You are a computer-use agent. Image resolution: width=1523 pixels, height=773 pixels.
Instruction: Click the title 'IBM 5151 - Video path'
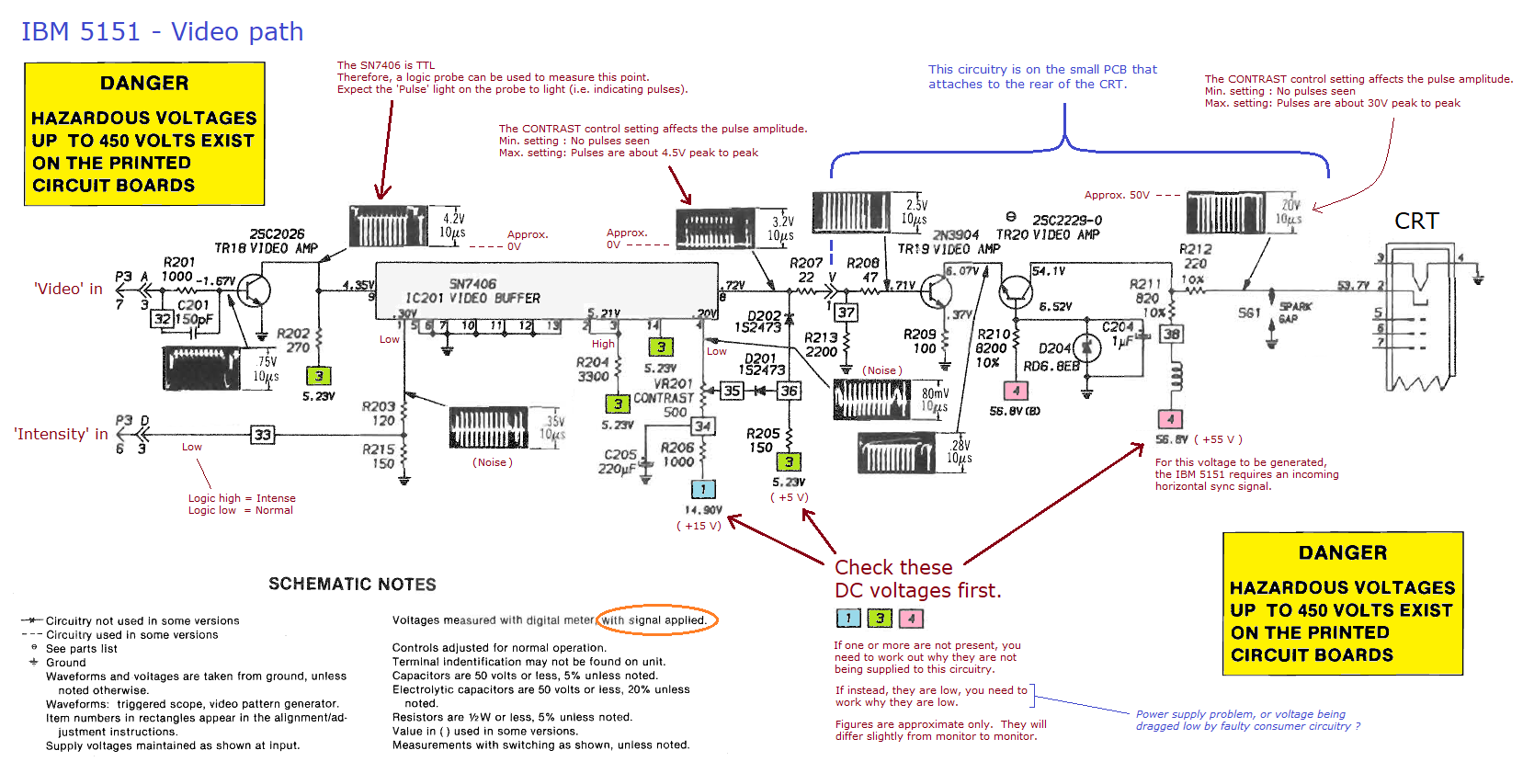coord(162,32)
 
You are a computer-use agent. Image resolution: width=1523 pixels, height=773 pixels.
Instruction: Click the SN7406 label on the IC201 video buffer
coord(472,284)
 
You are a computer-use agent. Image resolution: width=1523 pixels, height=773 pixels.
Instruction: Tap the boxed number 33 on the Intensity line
coord(263,435)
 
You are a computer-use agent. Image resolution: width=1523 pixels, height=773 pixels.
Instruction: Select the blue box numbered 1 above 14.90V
coord(703,489)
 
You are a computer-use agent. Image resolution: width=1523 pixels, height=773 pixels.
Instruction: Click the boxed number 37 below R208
coord(847,313)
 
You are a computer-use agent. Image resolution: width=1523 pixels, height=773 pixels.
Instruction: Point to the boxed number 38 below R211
coord(1171,334)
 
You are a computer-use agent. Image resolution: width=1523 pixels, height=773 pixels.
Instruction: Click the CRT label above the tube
coord(1416,222)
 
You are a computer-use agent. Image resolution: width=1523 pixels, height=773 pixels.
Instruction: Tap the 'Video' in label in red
coord(68,289)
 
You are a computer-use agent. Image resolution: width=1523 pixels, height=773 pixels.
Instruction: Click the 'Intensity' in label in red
coord(61,434)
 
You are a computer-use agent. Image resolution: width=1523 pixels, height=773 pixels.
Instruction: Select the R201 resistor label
coord(179,262)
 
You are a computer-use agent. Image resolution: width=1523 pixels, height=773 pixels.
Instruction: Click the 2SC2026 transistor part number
coord(277,234)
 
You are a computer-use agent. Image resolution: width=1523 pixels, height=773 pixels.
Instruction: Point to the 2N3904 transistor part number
coord(956,235)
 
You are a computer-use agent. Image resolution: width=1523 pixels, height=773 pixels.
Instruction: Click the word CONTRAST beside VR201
coord(664,398)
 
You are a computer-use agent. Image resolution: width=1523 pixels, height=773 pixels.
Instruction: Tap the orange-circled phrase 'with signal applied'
coord(654,620)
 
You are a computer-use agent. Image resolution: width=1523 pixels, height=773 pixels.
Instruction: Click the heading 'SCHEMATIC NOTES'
coord(352,585)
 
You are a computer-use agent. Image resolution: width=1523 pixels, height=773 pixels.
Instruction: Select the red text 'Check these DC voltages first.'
coord(917,579)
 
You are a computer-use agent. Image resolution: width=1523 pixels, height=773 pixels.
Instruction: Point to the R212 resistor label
coord(1195,249)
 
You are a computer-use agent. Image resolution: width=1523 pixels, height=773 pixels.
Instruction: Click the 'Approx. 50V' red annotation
coord(1117,195)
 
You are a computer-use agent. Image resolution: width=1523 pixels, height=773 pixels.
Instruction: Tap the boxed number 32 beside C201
coord(162,319)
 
